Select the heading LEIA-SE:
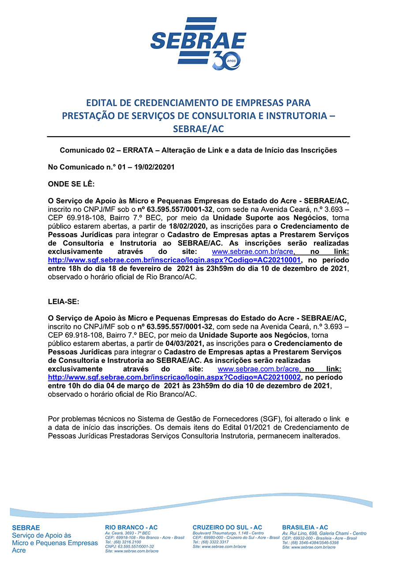point(63,302)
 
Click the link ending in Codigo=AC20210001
point(174,261)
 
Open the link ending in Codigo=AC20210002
point(174,378)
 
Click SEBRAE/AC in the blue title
point(198,128)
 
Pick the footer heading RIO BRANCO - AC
point(131,528)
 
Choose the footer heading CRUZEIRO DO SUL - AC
point(227,528)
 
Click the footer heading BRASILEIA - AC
point(305,528)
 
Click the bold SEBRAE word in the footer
point(26,528)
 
